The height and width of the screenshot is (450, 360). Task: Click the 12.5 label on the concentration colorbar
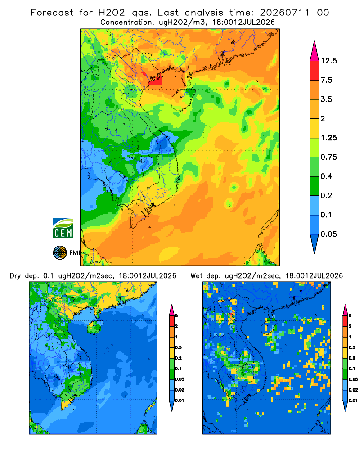click(x=328, y=61)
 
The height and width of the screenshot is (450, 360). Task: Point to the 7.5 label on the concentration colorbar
click(x=326, y=80)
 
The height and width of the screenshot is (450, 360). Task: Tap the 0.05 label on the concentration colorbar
click(x=328, y=234)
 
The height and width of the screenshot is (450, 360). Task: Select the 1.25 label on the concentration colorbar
click(x=328, y=138)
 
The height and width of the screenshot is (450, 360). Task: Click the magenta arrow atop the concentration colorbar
click(x=315, y=52)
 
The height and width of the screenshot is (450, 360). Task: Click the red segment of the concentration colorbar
click(x=315, y=71)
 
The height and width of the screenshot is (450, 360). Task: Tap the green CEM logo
click(x=63, y=229)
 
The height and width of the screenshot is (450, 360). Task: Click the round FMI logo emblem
click(x=60, y=253)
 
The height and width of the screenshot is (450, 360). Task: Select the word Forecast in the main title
click(x=52, y=13)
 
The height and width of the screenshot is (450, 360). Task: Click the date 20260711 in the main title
click(x=285, y=13)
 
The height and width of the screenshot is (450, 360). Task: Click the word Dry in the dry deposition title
click(x=15, y=276)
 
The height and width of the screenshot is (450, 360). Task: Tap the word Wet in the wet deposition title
click(x=197, y=276)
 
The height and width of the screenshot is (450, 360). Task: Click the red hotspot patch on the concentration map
click(x=155, y=81)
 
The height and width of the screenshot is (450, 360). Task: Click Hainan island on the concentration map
click(x=183, y=99)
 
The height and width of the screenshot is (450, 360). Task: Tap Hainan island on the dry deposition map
click(x=95, y=327)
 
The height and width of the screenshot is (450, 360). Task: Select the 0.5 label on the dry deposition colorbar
click(x=178, y=347)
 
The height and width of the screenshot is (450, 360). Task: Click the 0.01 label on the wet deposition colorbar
click(x=353, y=400)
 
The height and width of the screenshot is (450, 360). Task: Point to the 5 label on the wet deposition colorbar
click(x=350, y=316)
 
